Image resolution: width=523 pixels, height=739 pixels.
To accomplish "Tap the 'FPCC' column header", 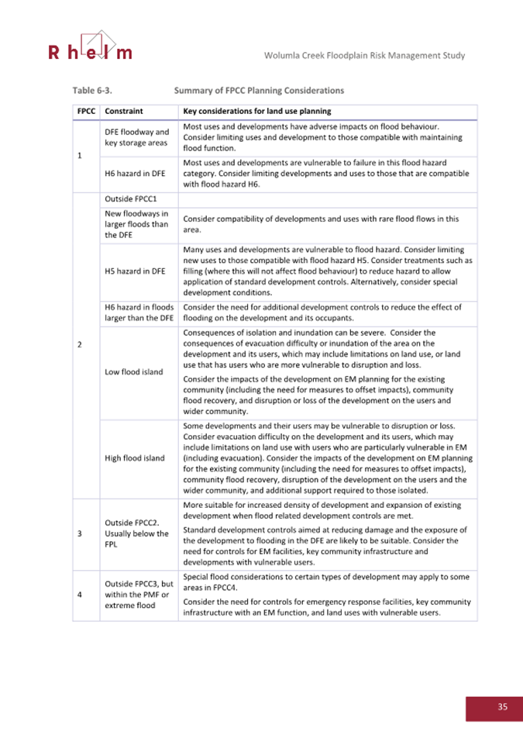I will click(85, 111).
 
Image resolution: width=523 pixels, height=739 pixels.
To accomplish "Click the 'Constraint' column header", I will click(123, 111).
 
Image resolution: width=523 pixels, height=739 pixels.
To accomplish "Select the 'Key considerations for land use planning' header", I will click(256, 111).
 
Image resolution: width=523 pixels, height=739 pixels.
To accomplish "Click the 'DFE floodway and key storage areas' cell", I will click(137, 137).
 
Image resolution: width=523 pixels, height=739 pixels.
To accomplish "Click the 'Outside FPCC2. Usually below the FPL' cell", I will click(137, 533).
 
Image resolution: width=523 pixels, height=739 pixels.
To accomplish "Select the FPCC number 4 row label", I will click(80, 595).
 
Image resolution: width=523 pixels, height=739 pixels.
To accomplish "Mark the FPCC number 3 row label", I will click(80, 534).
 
